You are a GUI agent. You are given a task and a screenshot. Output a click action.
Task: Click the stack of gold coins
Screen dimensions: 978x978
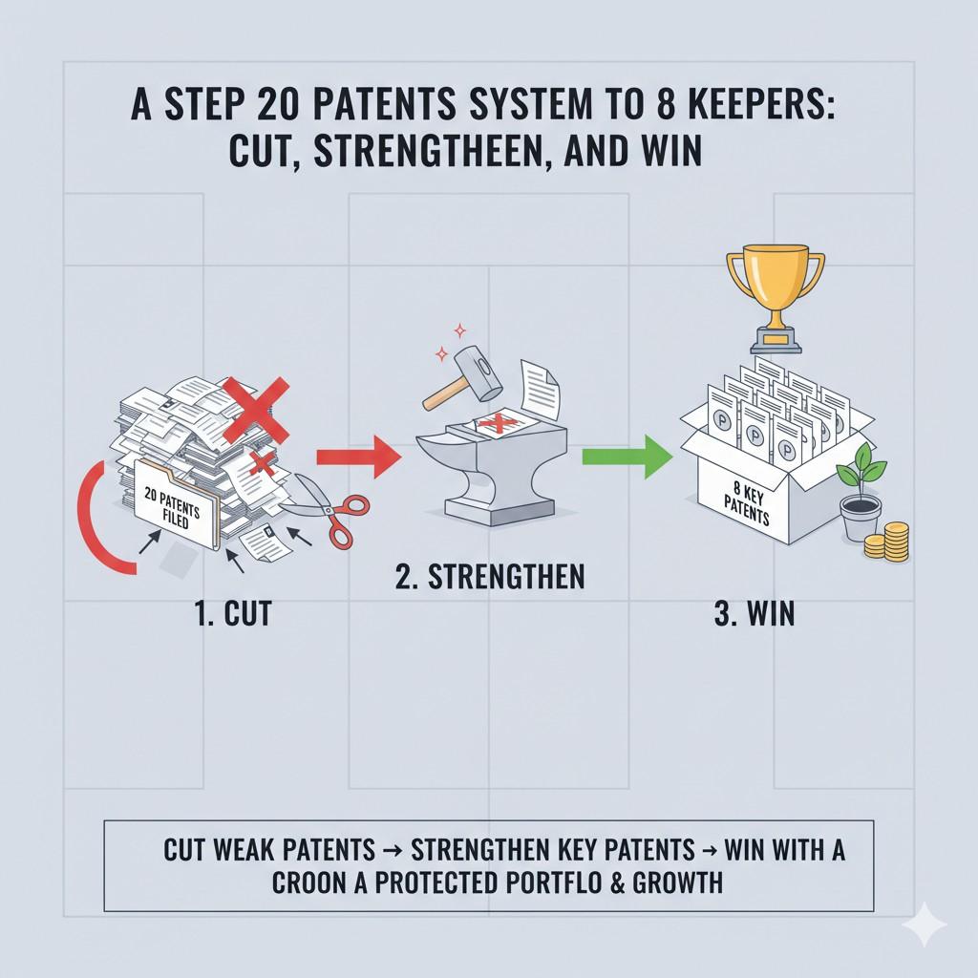click(x=889, y=542)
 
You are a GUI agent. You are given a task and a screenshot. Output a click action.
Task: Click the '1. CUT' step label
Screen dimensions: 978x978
click(x=232, y=612)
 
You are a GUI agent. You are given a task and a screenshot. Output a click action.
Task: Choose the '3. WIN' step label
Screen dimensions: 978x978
click(x=754, y=612)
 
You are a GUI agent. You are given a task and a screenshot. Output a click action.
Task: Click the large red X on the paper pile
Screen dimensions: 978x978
click(x=256, y=409)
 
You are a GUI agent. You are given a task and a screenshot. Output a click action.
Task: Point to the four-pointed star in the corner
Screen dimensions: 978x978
click(x=925, y=925)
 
